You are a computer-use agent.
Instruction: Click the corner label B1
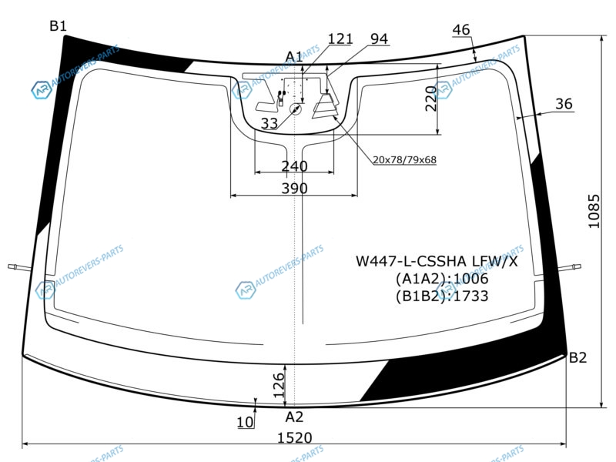pyautogui.click(x=59, y=26)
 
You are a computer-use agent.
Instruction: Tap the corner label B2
pyautogui.click(x=577, y=357)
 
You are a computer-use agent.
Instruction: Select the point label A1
pyautogui.click(x=294, y=57)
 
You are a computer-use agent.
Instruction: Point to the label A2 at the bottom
pyautogui.click(x=294, y=417)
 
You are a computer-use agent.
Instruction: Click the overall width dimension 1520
pyautogui.click(x=295, y=437)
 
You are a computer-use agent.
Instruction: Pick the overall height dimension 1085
pyautogui.click(x=594, y=211)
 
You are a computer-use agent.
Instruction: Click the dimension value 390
pyautogui.click(x=294, y=188)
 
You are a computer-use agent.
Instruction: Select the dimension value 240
pyautogui.click(x=294, y=166)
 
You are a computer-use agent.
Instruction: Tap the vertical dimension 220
pyautogui.click(x=431, y=99)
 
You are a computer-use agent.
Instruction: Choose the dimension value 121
pyautogui.click(x=340, y=39)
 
